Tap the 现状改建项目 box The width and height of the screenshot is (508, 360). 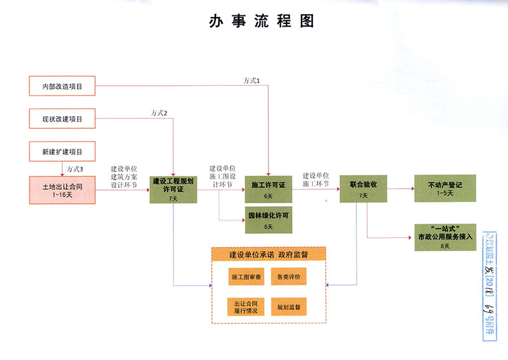62,118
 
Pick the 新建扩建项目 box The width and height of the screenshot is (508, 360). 62,152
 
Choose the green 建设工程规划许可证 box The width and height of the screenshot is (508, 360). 173,189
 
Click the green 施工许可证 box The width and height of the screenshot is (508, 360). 268,189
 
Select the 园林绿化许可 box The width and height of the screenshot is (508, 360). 268,220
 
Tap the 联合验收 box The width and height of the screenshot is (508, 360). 363,189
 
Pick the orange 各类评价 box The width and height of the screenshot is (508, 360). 289,277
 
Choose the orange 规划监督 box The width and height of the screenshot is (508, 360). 289,307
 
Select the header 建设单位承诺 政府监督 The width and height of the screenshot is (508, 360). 269,255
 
